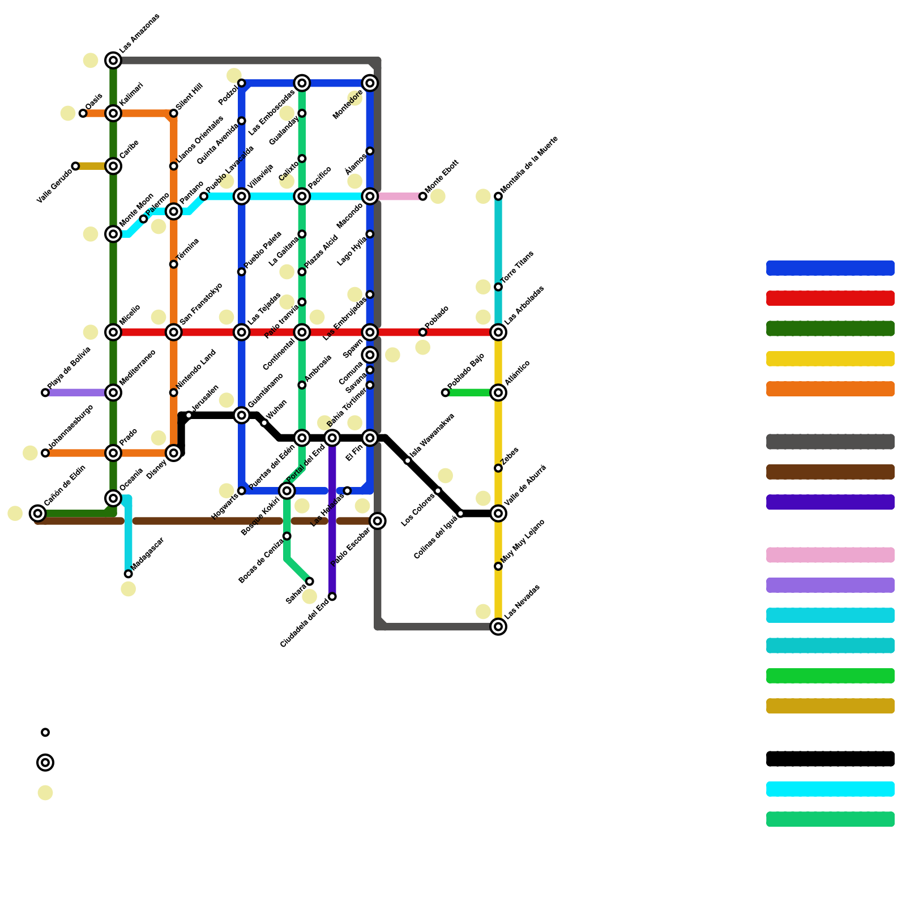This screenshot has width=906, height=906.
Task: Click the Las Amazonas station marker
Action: pyautogui.click(x=113, y=60)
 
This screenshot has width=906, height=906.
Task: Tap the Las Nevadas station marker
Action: pyautogui.click(x=498, y=626)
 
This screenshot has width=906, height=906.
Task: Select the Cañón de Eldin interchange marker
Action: pyautogui.click(x=38, y=514)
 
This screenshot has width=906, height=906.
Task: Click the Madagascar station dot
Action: pyautogui.click(x=129, y=574)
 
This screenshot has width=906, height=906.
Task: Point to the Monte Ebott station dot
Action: pyautogui.click(x=423, y=196)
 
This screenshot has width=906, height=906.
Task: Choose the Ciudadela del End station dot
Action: pyautogui.click(x=332, y=597)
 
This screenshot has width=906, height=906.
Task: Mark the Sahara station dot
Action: pyautogui.click(x=310, y=582)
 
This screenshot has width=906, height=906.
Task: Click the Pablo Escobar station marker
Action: pyautogui.click(x=378, y=521)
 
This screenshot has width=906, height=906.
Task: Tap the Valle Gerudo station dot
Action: pyautogui.click(x=75, y=166)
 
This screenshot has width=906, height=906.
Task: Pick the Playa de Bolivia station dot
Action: pyautogui.click(x=45, y=392)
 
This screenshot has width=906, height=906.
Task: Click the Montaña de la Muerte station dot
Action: pyautogui.click(x=498, y=196)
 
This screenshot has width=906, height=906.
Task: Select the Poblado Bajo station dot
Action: pyautogui.click(x=446, y=392)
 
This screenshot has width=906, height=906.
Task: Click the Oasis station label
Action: pyautogui.click(x=94, y=101)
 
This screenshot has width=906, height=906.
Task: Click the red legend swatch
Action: pyautogui.click(x=830, y=298)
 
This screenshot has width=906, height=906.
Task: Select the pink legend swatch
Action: pyautogui.click(x=830, y=555)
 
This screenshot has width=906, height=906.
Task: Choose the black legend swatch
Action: pyautogui.click(x=830, y=759)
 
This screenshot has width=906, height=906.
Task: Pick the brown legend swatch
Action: pyautogui.click(x=830, y=472)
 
